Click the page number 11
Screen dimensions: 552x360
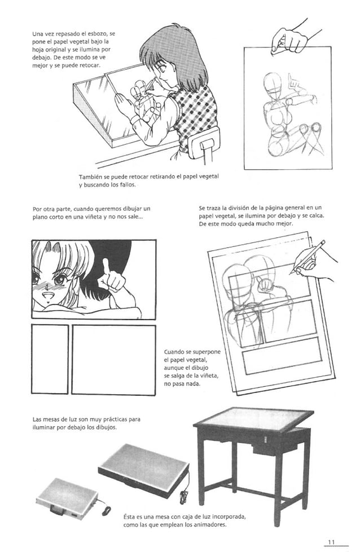[x=331, y=541]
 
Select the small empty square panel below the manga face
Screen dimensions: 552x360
[x=50, y=359]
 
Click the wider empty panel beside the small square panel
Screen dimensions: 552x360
[x=113, y=359]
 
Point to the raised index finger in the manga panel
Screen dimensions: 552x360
[x=106, y=266]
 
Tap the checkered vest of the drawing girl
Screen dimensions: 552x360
[x=195, y=110]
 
